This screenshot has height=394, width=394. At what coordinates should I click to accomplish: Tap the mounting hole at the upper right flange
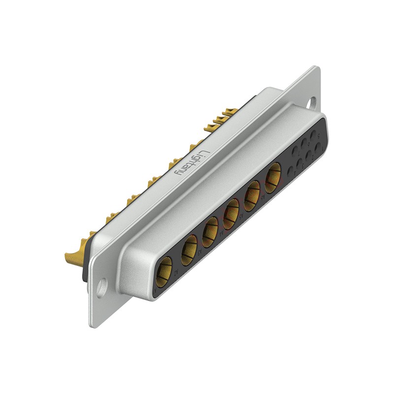coord(311,103)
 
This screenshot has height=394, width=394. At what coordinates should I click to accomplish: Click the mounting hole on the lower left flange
coord(101,287)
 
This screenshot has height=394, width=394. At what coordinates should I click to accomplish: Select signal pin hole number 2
coord(309,155)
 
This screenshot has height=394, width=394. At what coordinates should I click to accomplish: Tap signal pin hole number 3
coord(299,163)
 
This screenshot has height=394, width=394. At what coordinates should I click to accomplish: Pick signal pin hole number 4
coord(290,171)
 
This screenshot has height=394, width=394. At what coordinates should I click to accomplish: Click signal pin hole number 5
coord(313,135)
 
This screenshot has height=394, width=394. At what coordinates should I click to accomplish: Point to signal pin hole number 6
coord(304,143)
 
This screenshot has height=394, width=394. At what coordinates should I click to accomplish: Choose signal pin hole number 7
coord(295,151)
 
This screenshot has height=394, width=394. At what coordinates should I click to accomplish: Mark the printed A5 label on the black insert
coord(242,216)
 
